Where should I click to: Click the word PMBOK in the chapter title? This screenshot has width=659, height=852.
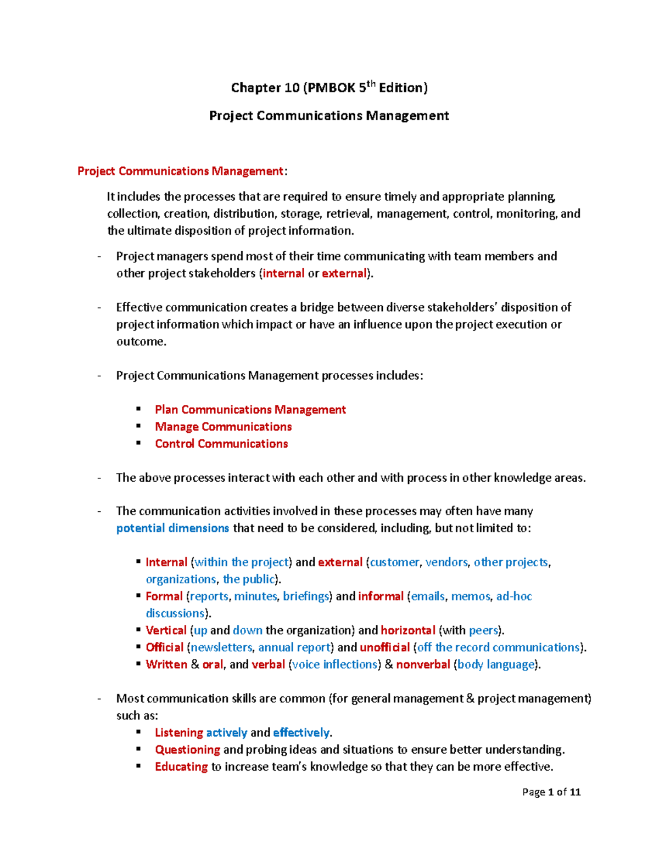click(x=331, y=88)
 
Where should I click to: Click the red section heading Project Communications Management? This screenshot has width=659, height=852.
click(x=180, y=171)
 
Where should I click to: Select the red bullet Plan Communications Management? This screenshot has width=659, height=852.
click(x=250, y=410)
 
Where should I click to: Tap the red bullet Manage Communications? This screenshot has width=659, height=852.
click(x=223, y=427)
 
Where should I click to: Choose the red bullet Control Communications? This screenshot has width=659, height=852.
click(x=221, y=444)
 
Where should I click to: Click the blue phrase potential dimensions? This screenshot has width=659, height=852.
click(x=172, y=528)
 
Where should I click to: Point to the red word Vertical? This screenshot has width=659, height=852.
click(x=166, y=630)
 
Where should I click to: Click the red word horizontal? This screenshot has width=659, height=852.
click(x=407, y=630)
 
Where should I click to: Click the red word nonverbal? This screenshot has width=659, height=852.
click(x=423, y=664)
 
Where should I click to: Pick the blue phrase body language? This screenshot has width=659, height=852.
click(x=496, y=664)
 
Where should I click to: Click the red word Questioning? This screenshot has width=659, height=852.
click(x=187, y=749)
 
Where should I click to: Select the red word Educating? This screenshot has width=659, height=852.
click(x=181, y=766)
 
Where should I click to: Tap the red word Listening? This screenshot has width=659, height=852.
click(x=179, y=732)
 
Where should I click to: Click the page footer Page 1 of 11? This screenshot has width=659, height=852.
click(x=551, y=792)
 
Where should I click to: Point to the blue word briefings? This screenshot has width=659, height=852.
click(x=306, y=596)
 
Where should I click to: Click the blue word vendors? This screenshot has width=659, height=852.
click(x=446, y=562)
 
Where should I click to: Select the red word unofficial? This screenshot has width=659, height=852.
click(x=384, y=647)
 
